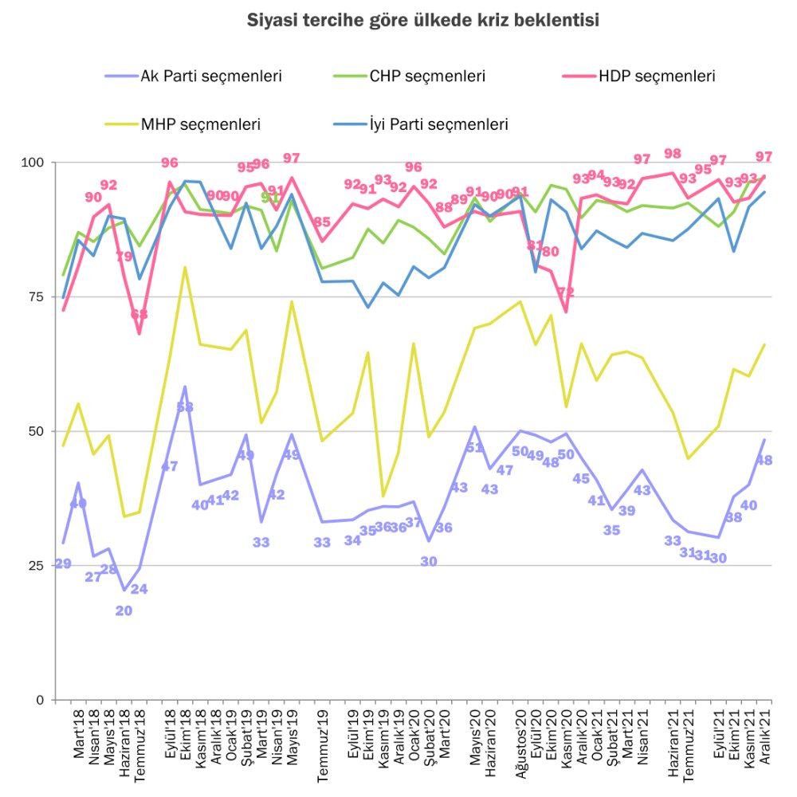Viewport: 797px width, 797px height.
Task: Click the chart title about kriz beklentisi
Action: (x=423, y=21)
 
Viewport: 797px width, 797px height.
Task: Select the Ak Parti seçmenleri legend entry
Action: (x=211, y=77)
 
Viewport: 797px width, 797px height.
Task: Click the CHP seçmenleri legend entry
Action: (x=427, y=77)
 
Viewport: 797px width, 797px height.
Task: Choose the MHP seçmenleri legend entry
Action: (x=201, y=124)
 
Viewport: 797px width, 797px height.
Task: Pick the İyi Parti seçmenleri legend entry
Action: (x=438, y=124)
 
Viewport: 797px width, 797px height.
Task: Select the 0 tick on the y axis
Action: (x=40, y=701)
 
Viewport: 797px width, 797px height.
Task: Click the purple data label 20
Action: (x=124, y=611)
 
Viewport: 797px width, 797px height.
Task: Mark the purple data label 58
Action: (x=185, y=407)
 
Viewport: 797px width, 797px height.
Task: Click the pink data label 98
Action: (x=673, y=155)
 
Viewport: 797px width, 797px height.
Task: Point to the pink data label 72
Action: (x=566, y=292)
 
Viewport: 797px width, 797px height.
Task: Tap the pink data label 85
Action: (x=322, y=222)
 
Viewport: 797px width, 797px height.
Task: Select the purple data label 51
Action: (x=474, y=447)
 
